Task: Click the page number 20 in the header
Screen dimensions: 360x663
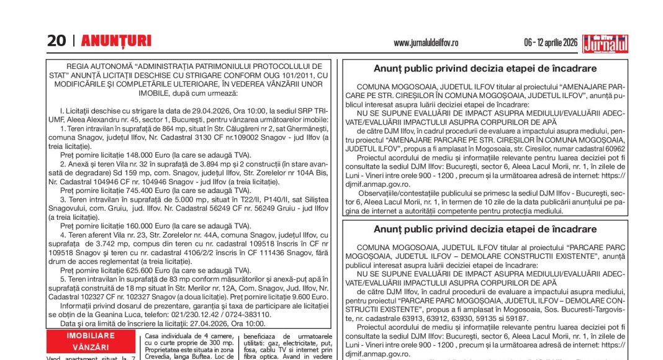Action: point(56,41)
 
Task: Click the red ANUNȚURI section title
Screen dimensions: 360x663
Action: point(116,41)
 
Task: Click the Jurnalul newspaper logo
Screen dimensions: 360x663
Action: point(605,43)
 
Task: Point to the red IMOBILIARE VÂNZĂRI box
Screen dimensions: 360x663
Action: point(91,341)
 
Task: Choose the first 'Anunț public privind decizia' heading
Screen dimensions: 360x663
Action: point(485,69)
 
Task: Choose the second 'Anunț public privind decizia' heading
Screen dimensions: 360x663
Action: point(485,230)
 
